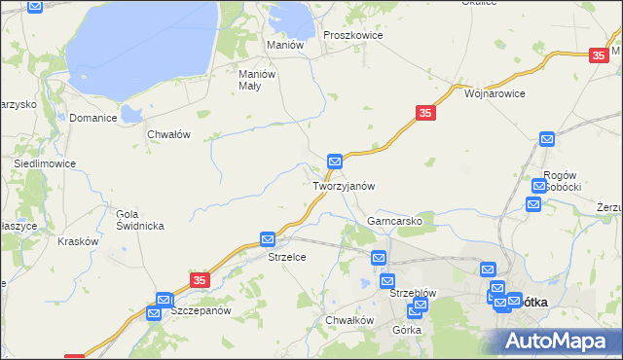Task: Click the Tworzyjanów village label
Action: click(344, 185)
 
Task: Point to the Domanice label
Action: click(93, 118)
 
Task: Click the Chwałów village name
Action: click(167, 134)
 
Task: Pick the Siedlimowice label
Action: click(45, 163)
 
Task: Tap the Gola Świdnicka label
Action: click(139, 219)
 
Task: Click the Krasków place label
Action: click(78, 240)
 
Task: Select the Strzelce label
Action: click(287, 257)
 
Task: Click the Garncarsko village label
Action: click(394, 221)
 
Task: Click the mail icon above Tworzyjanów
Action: click(335, 161)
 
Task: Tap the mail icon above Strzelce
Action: click(268, 238)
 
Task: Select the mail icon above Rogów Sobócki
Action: click(546, 140)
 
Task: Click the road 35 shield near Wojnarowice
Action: click(424, 114)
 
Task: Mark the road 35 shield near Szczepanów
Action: click(199, 279)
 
